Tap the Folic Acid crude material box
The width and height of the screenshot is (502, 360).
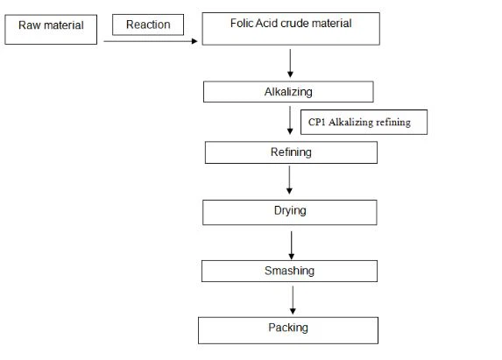pyautogui.click(x=290, y=28)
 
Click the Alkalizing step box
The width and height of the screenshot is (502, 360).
pyautogui.click(x=288, y=92)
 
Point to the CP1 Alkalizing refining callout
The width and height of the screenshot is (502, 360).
pyautogui.click(x=364, y=123)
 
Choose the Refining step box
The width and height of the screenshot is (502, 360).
pyautogui.click(x=291, y=152)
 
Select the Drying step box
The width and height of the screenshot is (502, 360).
pyautogui.click(x=290, y=212)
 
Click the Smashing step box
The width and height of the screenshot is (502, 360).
pyautogui.click(x=289, y=271)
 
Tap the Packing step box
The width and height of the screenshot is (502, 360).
pyautogui.click(x=288, y=329)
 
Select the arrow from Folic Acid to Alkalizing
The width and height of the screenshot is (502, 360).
pyautogui.click(x=290, y=62)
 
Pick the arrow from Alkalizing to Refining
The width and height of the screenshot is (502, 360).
pyautogui.click(x=290, y=122)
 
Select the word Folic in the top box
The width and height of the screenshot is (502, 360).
pyautogui.click(x=242, y=23)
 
